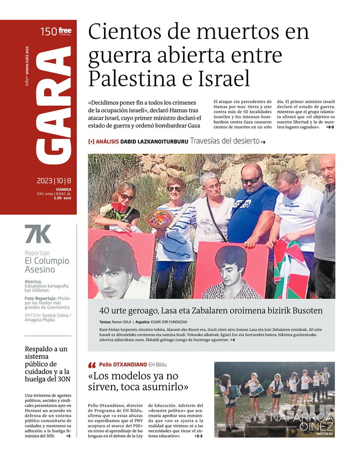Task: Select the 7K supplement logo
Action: point(38,234)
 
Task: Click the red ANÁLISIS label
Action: point(107,141)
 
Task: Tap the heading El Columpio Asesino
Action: point(47,265)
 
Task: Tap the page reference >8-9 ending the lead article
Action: point(330,127)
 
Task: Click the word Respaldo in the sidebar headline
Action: point(43,349)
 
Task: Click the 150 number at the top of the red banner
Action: point(48,32)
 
